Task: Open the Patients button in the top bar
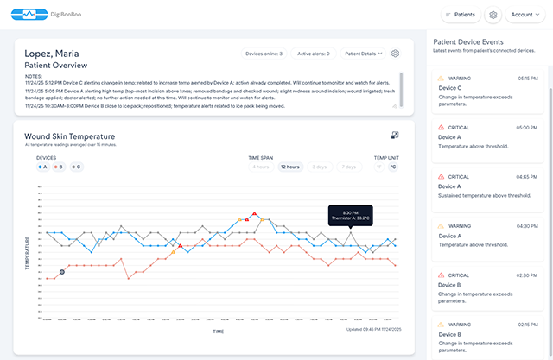click(x=461, y=15)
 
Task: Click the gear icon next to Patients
click(x=493, y=15)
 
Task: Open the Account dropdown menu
click(x=524, y=15)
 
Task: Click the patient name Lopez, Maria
click(x=52, y=54)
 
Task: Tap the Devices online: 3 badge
click(x=263, y=54)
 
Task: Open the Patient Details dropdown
click(x=364, y=54)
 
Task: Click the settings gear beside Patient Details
click(x=395, y=54)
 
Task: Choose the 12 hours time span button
click(x=290, y=167)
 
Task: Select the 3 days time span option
click(x=319, y=167)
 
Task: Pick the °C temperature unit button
click(x=392, y=167)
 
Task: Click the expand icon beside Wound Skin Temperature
click(x=394, y=136)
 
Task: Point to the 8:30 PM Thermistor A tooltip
click(x=349, y=215)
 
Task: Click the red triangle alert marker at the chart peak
click(x=254, y=213)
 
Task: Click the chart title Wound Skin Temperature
click(x=69, y=136)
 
